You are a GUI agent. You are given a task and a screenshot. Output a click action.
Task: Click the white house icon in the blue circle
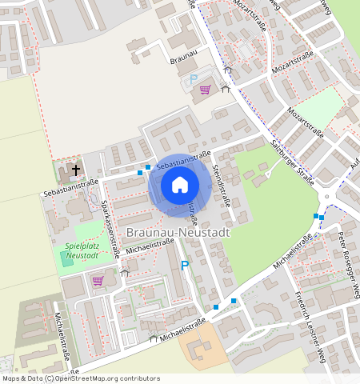180,185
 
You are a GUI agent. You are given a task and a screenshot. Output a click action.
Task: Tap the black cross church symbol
77,170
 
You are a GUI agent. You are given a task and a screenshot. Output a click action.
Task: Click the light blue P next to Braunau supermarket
193,79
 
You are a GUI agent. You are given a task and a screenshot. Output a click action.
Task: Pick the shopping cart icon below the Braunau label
206,90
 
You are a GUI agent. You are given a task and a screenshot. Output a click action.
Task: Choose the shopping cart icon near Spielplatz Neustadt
98,280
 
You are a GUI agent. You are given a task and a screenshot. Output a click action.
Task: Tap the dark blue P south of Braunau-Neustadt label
185,266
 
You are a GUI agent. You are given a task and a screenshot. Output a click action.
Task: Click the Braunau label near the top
182,59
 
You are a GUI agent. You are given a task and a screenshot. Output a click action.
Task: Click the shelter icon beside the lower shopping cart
124,274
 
